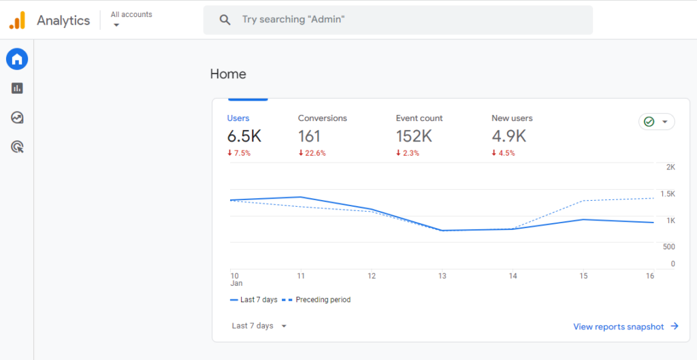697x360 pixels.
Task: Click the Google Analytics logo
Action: point(17,20)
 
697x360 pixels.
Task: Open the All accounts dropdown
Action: point(131,19)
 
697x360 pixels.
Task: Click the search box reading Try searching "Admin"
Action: point(398,20)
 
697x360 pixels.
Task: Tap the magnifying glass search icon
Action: point(225,20)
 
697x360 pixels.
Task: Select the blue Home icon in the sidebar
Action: point(17,59)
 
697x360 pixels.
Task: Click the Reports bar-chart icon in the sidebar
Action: point(17,88)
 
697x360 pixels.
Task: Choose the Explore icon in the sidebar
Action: point(17,118)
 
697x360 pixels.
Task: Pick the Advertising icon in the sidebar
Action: point(17,146)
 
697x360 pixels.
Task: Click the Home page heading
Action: point(228,74)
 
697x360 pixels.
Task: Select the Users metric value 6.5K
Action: point(244,136)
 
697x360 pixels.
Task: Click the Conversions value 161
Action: point(309,136)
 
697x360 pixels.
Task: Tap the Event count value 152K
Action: point(414,136)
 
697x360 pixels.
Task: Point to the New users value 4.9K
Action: point(508,136)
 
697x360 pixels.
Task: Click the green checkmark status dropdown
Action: point(656,122)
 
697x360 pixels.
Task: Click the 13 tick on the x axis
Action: point(442,276)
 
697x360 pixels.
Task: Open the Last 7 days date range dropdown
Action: point(259,326)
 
